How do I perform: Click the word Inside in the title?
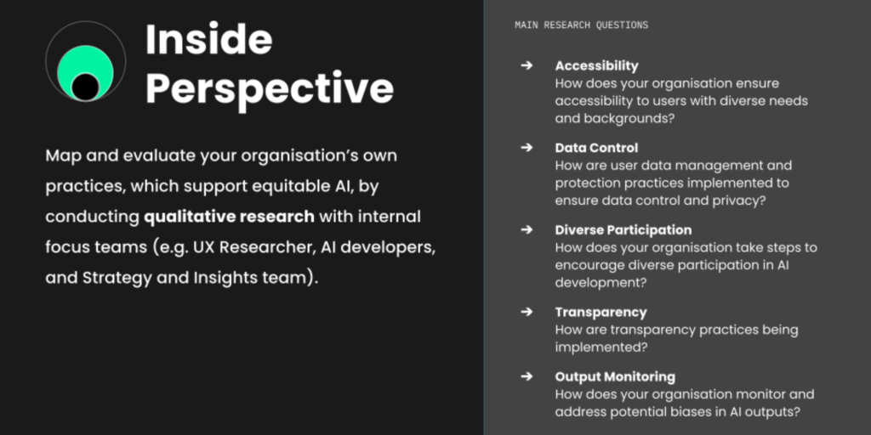click(209, 39)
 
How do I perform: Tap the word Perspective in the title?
click(270, 88)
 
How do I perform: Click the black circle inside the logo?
click(86, 87)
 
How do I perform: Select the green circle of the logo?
click(86, 71)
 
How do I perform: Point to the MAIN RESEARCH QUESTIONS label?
click(581, 25)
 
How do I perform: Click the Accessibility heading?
click(596, 66)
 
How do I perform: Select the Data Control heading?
click(596, 148)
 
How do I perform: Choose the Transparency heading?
click(601, 313)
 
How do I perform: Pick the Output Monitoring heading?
click(615, 376)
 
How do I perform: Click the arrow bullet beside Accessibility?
click(527, 65)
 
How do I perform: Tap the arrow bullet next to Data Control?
click(527, 148)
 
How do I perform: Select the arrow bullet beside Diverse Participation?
click(527, 229)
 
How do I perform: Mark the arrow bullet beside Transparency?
click(527, 312)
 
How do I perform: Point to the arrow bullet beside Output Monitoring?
click(527, 376)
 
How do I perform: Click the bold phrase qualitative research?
click(229, 217)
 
